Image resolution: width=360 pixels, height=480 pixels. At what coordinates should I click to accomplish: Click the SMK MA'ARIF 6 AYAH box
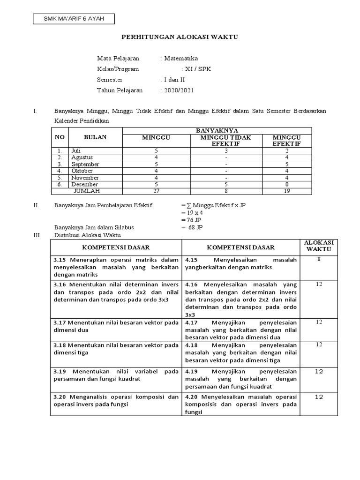click(x=74, y=19)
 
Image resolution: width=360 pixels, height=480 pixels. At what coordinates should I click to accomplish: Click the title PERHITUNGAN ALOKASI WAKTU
click(x=180, y=37)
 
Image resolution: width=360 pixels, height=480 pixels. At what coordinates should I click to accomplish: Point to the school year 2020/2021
click(x=179, y=90)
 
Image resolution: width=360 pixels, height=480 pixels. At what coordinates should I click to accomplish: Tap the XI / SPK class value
click(x=199, y=69)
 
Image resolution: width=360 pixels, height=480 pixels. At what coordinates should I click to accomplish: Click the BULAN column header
click(x=95, y=137)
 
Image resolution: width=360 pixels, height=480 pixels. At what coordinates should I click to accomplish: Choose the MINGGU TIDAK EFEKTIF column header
click(x=226, y=140)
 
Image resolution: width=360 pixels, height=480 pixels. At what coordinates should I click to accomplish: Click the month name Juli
click(x=76, y=151)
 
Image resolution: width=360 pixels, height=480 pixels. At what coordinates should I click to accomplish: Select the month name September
click(x=85, y=165)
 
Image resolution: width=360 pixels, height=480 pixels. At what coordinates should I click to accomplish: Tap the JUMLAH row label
click(x=87, y=191)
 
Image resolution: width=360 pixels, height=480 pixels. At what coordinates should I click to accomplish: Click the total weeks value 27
click(x=156, y=191)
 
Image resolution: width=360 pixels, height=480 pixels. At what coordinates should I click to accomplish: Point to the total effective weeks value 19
click(x=286, y=191)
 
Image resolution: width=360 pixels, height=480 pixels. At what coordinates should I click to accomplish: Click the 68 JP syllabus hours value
click(x=194, y=227)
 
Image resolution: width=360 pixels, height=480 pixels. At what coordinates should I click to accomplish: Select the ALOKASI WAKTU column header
click(x=319, y=246)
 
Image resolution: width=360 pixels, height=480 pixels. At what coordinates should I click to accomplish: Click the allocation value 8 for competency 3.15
click(x=319, y=259)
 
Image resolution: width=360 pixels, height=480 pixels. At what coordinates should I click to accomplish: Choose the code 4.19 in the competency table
click(x=192, y=371)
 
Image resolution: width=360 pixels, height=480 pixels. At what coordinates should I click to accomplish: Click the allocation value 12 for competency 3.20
click(x=319, y=397)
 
